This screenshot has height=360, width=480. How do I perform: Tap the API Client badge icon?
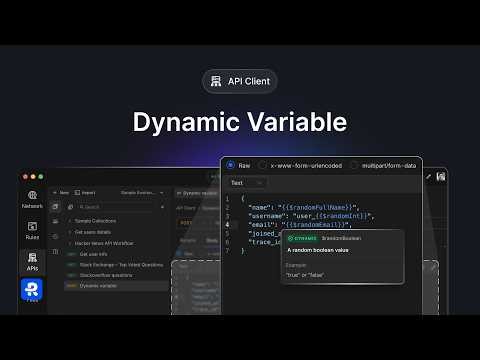[213, 82]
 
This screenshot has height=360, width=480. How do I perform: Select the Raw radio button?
[231, 165]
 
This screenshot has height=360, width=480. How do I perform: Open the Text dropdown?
[246, 183]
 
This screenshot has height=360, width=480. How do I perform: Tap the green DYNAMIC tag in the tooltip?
[302, 238]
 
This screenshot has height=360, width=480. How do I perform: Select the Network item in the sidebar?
[32, 199]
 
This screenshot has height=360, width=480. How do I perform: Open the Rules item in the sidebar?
[32, 231]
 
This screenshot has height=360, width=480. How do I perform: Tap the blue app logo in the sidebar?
[32, 291]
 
